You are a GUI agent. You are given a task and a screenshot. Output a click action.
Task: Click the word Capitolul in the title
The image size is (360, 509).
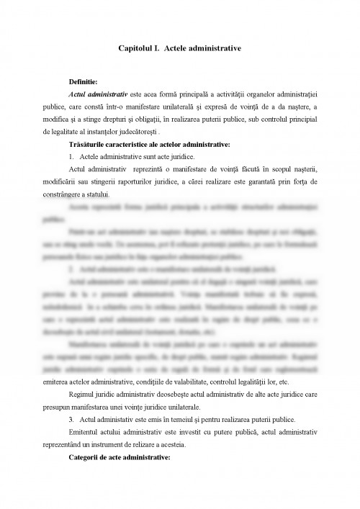[136, 48]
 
